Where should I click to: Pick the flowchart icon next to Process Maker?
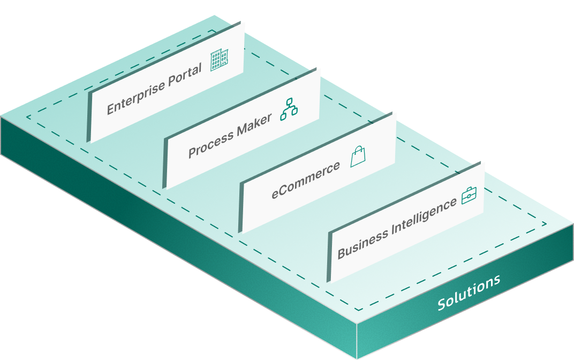coord(289,108)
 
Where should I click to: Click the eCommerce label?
coord(305,179)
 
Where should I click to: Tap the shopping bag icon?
coord(358,157)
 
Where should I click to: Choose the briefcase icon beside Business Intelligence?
coord(469,196)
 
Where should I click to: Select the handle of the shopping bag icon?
coord(357,150)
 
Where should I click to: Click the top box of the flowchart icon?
coord(290,102)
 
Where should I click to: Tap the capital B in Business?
coord(342,252)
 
